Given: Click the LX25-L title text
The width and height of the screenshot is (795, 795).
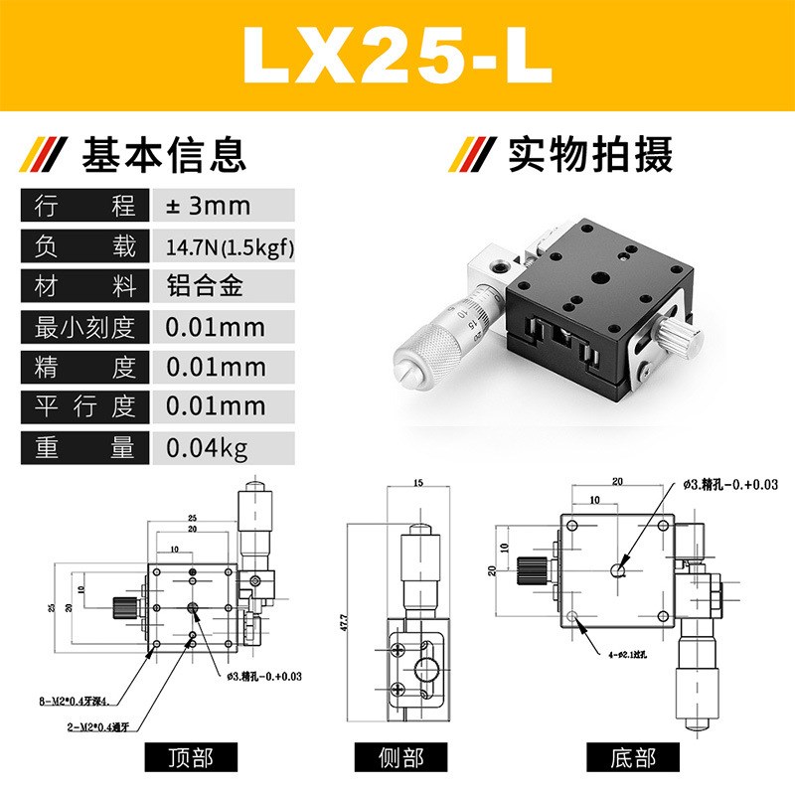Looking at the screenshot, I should point(397,58).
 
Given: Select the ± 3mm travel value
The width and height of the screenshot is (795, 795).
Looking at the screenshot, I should point(208,207).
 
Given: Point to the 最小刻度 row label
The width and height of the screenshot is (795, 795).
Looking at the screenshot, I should point(84,327).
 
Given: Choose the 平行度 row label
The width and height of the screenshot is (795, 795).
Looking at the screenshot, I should point(84,407).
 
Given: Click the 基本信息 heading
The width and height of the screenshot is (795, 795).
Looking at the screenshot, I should point(164,156).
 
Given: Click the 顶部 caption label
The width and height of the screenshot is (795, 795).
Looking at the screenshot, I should point(193,757).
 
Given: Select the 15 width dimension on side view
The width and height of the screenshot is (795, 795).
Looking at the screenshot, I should point(417,484).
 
